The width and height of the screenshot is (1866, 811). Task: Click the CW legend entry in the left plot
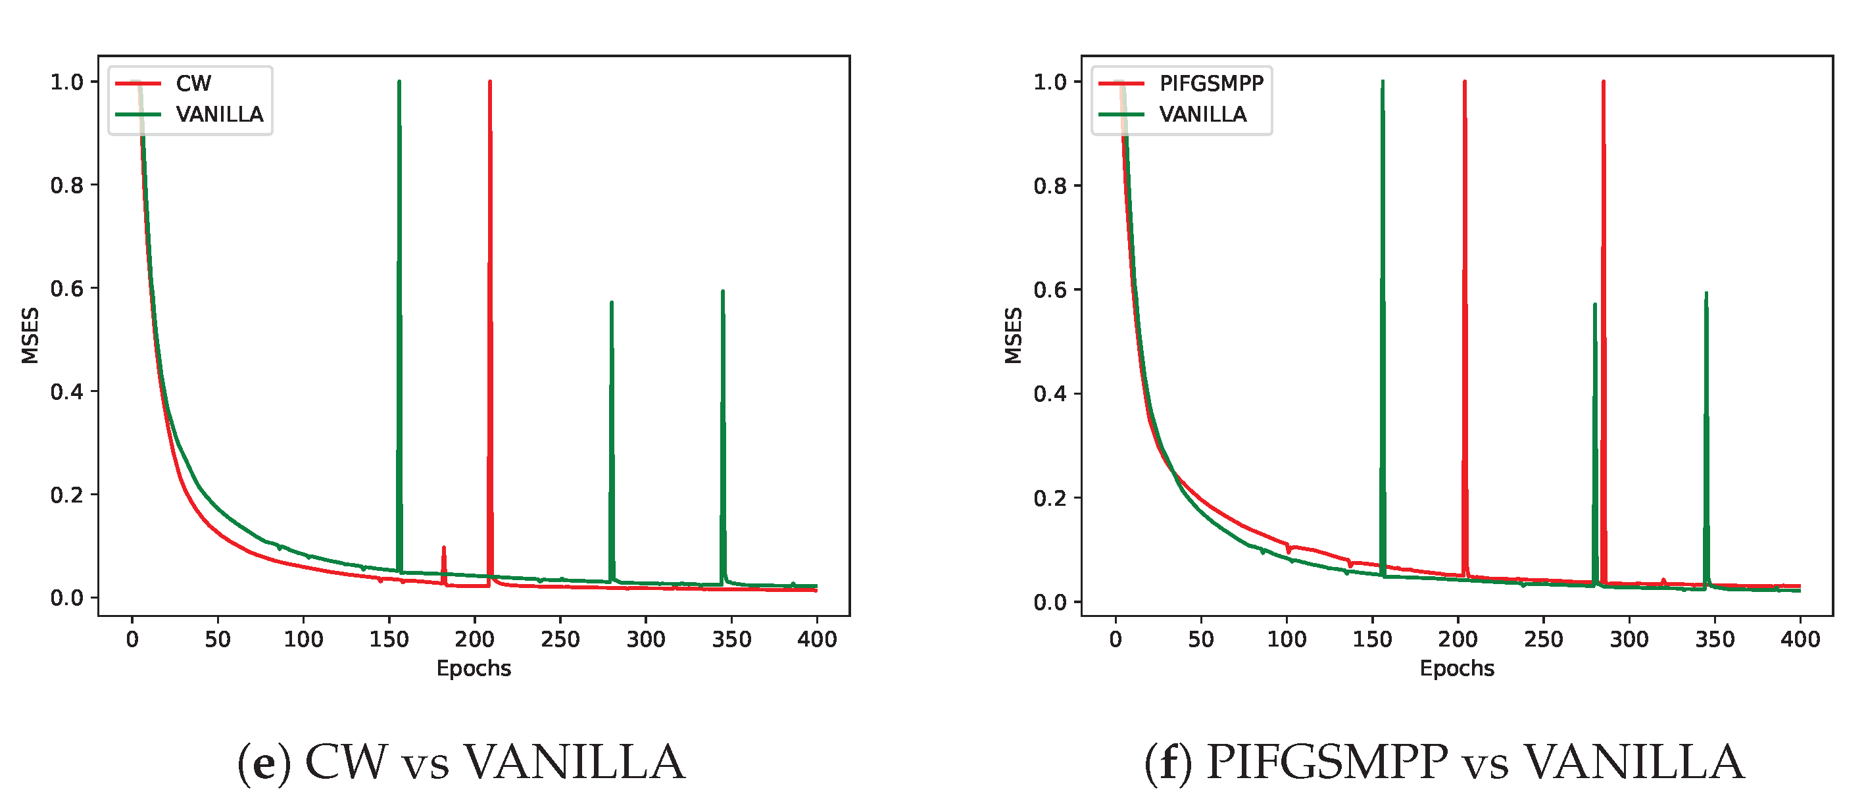(x=193, y=84)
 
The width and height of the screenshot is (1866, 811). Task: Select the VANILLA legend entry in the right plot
(x=1202, y=114)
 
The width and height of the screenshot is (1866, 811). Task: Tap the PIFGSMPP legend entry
(x=1210, y=84)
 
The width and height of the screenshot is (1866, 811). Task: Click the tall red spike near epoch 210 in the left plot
(x=489, y=84)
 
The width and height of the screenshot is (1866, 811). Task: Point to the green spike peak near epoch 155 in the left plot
(x=399, y=84)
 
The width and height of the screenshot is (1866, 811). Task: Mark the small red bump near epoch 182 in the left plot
(x=443, y=549)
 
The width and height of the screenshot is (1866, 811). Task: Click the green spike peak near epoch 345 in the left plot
(x=723, y=293)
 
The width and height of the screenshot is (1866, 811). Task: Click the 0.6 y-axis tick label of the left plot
(x=66, y=289)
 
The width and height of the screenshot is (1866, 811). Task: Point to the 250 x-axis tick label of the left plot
(x=560, y=639)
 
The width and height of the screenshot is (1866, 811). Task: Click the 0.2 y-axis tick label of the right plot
(x=1050, y=498)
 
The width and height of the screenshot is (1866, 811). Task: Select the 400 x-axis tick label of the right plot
(x=1800, y=639)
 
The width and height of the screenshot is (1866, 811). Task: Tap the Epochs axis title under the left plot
(x=474, y=668)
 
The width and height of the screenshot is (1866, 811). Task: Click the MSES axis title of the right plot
(x=1014, y=335)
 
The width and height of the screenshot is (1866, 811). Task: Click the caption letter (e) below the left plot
(x=264, y=762)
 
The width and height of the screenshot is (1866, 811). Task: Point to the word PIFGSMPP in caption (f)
(x=1325, y=762)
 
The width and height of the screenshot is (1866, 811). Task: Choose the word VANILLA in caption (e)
(x=574, y=762)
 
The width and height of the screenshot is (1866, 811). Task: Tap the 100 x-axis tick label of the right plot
(x=1287, y=639)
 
